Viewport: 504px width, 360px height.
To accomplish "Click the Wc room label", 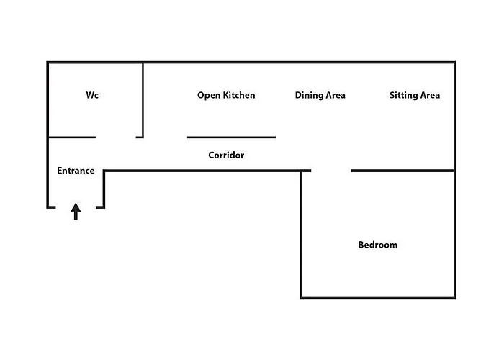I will coord(92,95).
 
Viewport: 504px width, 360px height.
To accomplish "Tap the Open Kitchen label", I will coord(226,95).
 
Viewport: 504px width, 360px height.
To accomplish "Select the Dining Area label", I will coord(320,95).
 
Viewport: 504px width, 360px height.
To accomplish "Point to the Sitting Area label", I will coord(414,95).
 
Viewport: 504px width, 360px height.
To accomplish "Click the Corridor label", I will coord(226,155).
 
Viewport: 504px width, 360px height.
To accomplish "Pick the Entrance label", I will coord(76,171).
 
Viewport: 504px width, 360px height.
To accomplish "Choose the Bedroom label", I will coord(377,245).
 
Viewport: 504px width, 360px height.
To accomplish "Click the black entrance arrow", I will coord(76,211).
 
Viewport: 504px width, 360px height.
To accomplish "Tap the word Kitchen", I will coord(239,95).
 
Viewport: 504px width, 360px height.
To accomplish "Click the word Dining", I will coord(307,95).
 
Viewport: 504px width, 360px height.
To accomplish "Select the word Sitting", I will coord(402,95).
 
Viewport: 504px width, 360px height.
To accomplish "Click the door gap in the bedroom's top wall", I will coord(331,171).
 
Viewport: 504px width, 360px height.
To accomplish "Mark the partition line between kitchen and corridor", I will coord(231,137).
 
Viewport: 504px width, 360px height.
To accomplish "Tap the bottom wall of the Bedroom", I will coord(377,297).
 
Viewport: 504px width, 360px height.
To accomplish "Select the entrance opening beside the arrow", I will coord(76,207).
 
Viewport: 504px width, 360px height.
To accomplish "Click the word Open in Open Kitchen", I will coord(209,95).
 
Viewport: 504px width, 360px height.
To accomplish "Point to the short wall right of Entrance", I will coord(104,189).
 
